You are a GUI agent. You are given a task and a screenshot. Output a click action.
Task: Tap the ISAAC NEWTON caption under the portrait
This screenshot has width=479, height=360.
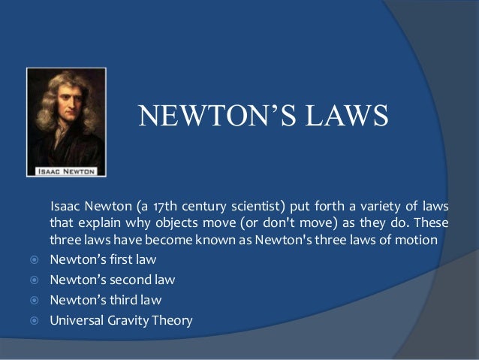click(x=66, y=171)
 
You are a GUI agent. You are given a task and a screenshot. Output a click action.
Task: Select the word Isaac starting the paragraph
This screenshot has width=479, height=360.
click(x=65, y=206)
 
